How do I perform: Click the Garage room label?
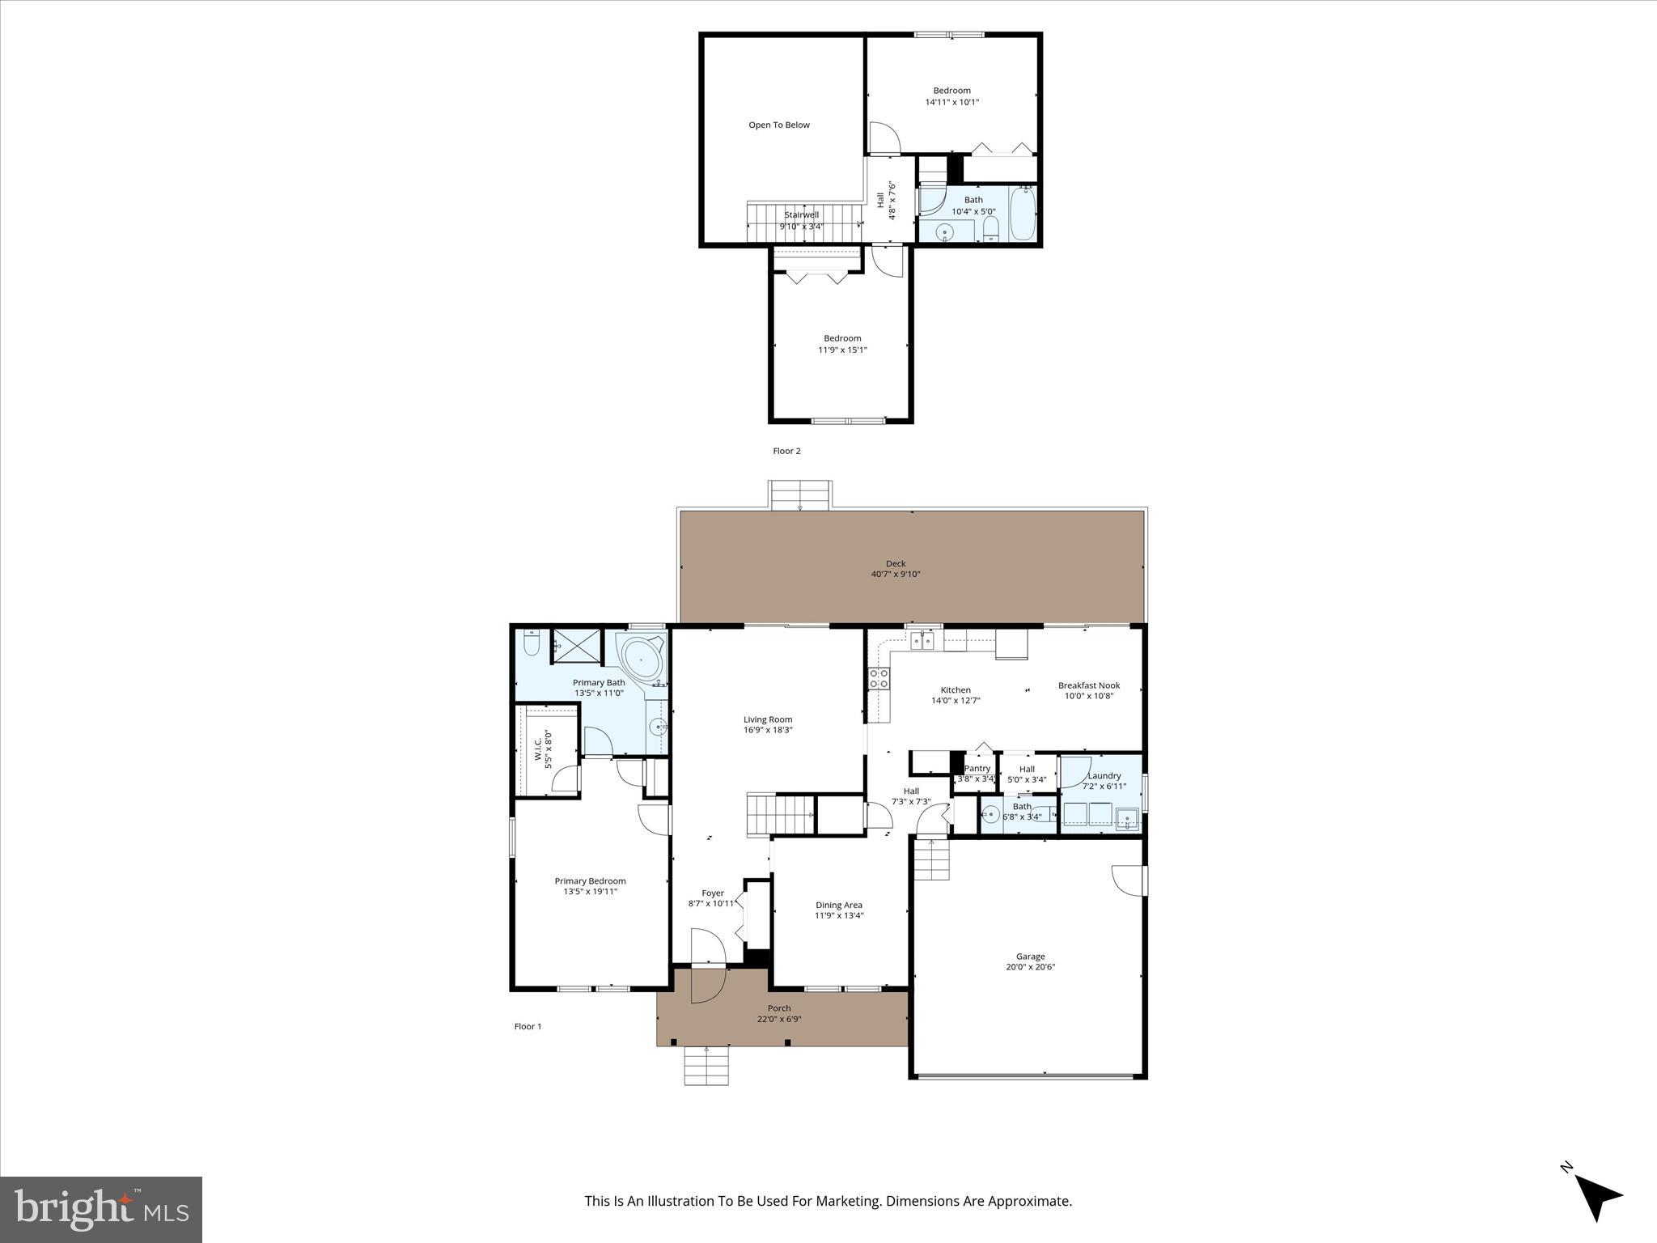pos(1030,956)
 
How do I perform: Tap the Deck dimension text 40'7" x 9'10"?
pos(895,575)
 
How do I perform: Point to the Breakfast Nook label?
pos(1088,685)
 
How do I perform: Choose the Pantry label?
pos(977,769)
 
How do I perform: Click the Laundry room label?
pos(1104,775)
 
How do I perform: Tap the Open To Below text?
pos(778,125)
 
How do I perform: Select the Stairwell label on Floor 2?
pos(801,215)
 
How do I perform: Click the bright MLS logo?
pos(101,1209)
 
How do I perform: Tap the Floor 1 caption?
pos(528,1026)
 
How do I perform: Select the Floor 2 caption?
pos(786,451)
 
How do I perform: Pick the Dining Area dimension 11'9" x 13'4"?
pos(838,916)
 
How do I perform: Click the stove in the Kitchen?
pos(878,679)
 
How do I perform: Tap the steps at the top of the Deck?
pos(799,494)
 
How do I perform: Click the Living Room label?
pos(767,719)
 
